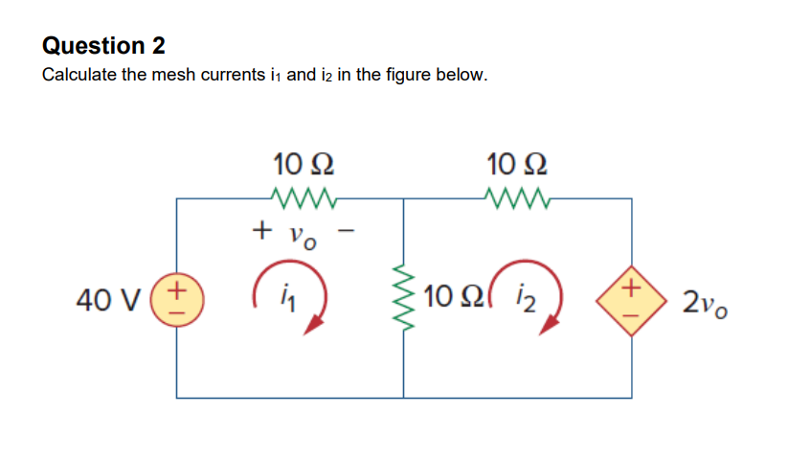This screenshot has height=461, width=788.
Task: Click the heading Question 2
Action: pyautogui.click(x=103, y=45)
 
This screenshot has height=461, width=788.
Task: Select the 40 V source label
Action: pyautogui.click(x=106, y=299)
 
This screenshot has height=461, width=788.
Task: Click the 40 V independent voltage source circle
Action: pyautogui.click(x=177, y=298)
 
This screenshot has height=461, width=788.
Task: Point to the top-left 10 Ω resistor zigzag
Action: pyautogui.click(x=304, y=198)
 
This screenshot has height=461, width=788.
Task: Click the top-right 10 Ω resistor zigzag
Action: pyautogui.click(x=517, y=198)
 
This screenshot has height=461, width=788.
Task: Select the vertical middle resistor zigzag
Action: pyautogui.click(x=403, y=299)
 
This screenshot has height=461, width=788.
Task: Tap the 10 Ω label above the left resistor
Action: pyautogui.click(x=304, y=160)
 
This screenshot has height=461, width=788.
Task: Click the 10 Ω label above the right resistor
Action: pyautogui.click(x=517, y=160)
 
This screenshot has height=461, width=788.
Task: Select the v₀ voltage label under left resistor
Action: pyautogui.click(x=302, y=236)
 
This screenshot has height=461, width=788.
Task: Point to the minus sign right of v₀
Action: pyautogui.click(x=350, y=230)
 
